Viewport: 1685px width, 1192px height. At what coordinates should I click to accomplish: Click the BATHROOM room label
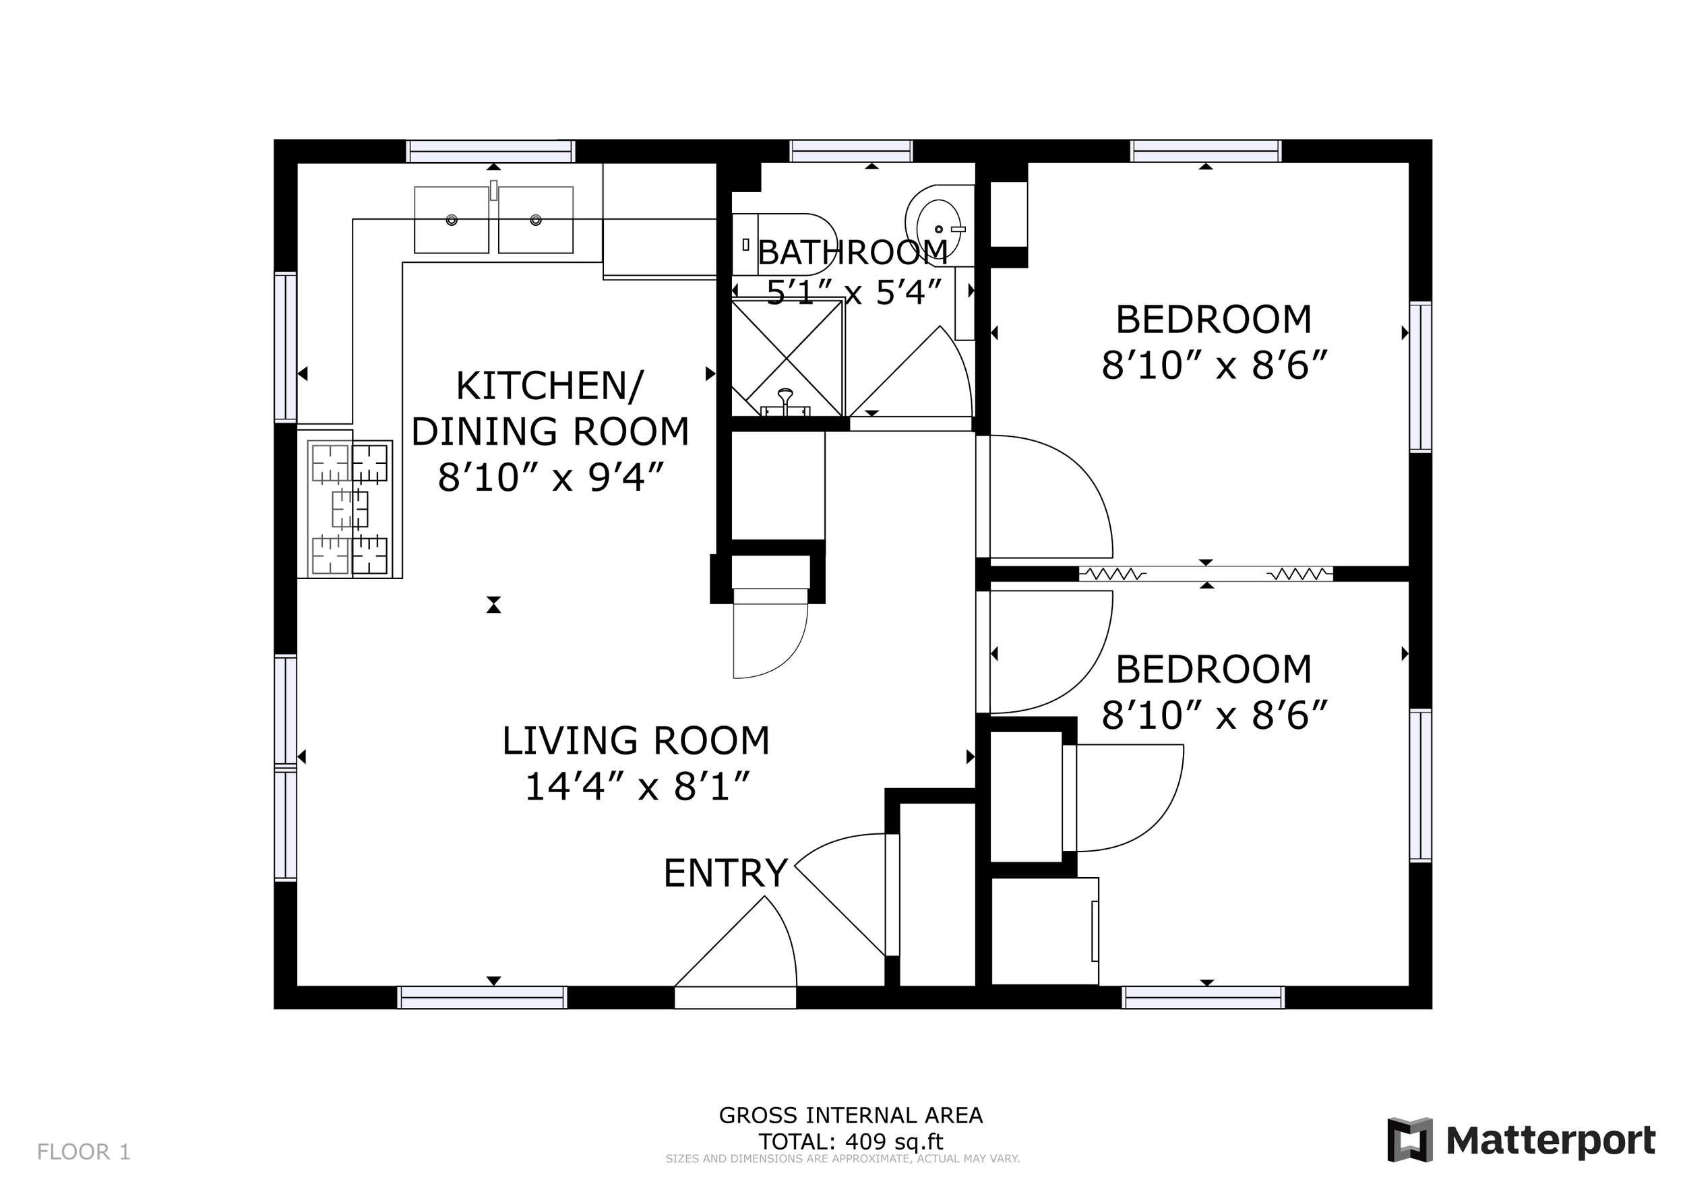852,253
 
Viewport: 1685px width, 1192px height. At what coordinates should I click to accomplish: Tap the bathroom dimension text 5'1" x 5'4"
853,293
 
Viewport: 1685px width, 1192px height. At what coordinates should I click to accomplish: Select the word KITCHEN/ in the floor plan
550,386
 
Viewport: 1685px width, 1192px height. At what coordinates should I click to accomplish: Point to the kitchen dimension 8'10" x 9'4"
551,477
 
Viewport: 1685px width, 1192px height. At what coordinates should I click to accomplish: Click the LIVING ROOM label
636,740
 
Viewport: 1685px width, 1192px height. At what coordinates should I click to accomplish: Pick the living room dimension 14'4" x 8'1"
637,786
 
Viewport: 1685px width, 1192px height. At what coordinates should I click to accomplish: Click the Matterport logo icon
1410,1140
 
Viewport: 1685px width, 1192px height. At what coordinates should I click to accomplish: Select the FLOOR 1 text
84,1152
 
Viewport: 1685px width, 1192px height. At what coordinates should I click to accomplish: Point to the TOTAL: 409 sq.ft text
851,1141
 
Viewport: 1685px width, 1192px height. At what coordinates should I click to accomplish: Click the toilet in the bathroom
784,245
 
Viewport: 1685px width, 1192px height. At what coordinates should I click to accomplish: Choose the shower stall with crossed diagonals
787,358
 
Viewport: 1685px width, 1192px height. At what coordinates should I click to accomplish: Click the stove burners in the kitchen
349,508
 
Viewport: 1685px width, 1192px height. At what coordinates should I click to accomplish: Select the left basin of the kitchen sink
452,220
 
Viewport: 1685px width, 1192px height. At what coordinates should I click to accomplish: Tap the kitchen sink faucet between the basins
494,190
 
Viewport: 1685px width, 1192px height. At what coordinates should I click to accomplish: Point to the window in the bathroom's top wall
851,151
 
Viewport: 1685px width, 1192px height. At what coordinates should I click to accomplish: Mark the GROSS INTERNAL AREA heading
851,1115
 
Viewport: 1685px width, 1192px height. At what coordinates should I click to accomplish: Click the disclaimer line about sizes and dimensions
842,1159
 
